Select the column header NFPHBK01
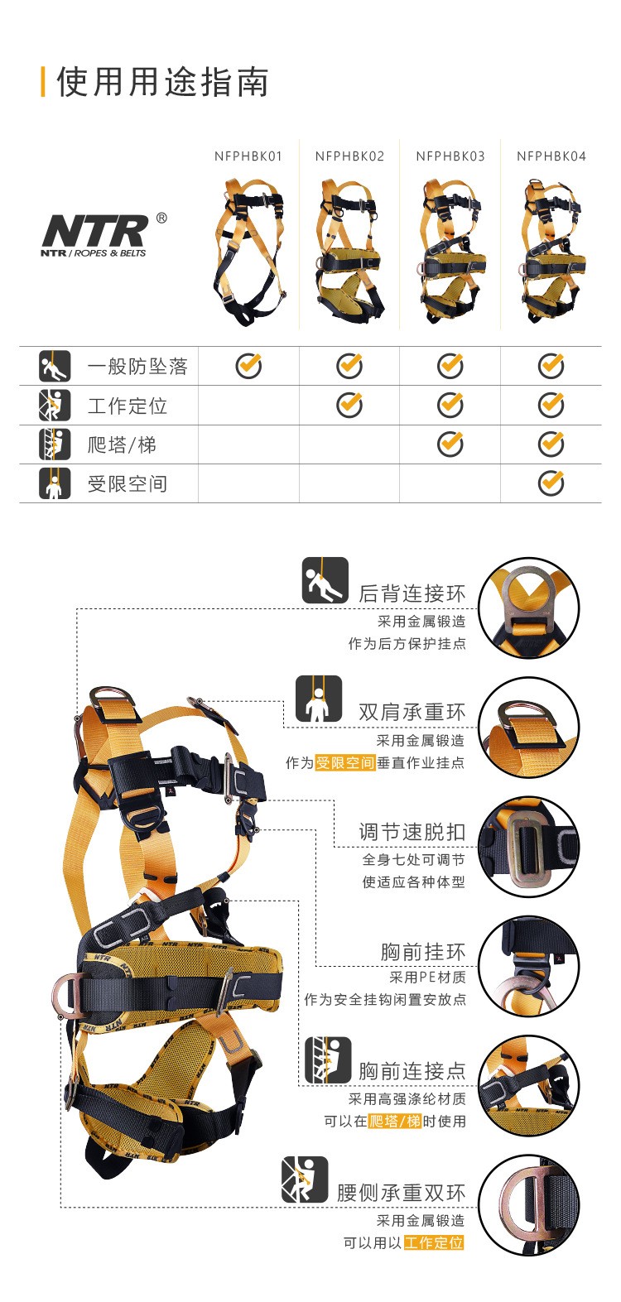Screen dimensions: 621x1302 (248, 156)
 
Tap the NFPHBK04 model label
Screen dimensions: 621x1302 (551, 156)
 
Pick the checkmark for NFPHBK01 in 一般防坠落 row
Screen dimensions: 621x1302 (249, 366)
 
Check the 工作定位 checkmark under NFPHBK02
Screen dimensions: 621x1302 (349, 405)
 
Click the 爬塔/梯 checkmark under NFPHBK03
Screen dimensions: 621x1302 (450, 444)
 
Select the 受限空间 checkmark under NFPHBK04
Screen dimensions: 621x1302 (551, 483)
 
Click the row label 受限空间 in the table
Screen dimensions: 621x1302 (128, 483)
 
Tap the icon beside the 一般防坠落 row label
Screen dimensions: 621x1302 (55, 366)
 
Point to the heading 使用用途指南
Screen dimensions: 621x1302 (163, 81)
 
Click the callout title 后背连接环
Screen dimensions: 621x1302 (412, 593)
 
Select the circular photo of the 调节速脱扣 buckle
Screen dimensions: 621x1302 (529, 846)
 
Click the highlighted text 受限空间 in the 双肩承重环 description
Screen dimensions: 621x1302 (344, 762)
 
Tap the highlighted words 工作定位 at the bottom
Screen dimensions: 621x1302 (434, 1242)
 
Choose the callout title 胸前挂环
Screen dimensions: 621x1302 (423, 952)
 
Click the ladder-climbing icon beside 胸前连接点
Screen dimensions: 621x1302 (328, 1059)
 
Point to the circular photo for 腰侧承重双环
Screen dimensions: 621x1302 (529, 1205)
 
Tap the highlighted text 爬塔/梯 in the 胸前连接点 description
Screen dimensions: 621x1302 (395, 1122)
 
